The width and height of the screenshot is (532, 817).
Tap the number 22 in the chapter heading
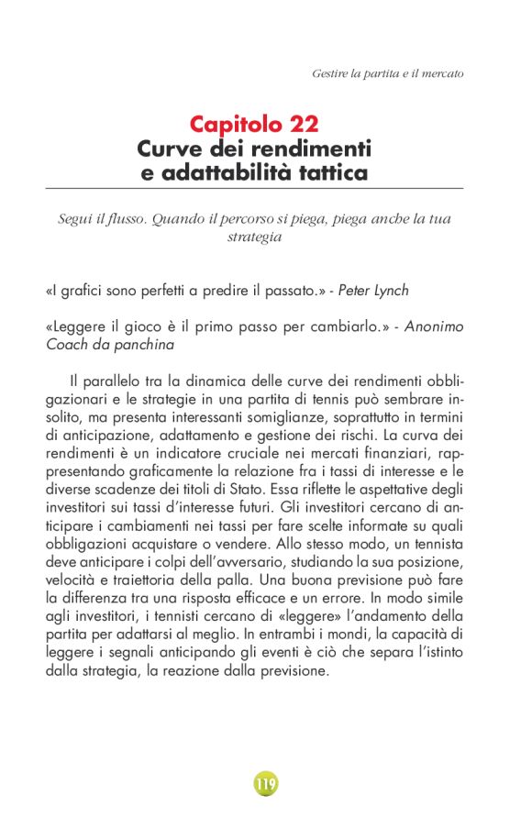point(298,124)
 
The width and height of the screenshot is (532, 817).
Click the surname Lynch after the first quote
point(389,290)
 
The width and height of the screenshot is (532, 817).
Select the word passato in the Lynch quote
point(289,290)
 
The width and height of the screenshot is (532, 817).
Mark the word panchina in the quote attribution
point(143,344)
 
